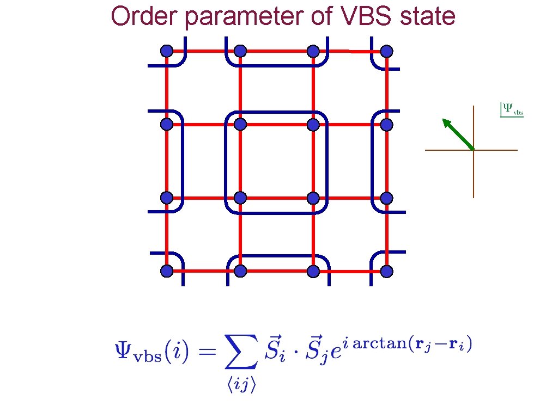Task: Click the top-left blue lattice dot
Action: (x=167, y=51)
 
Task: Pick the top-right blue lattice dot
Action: (x=386, y=51)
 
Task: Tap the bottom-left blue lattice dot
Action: (x=167, y=271)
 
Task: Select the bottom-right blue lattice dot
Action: (x=386, y=271)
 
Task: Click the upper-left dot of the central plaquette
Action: (x=240, y=125)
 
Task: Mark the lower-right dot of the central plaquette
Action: (x=313, y=198)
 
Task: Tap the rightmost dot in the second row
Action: (x=386, y=125)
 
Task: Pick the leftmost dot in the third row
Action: (x=167, y=198)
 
